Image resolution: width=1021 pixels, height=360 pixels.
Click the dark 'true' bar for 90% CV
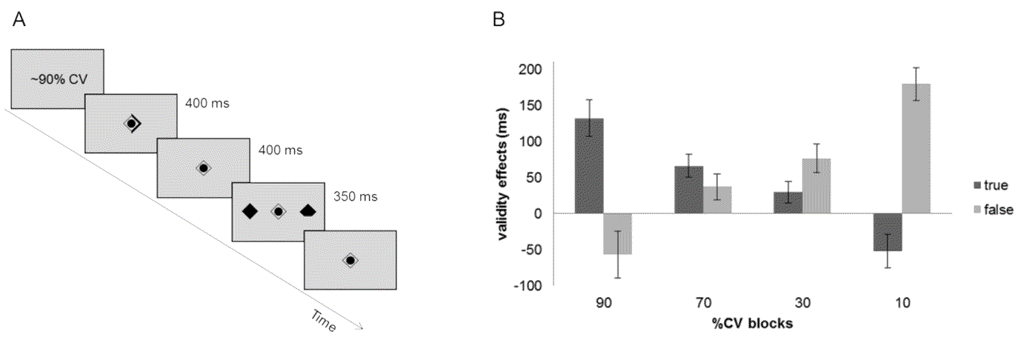[x=589, y=166]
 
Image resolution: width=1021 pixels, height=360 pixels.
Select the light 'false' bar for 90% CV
[x=617, y=233]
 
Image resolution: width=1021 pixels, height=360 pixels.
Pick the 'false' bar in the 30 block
[x=817, y=186]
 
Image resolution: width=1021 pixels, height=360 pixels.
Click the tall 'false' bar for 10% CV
[x=916, y=149]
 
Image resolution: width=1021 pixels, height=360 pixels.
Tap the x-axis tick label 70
[x=703, y=303]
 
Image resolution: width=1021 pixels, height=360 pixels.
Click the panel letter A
[x=19, y=21]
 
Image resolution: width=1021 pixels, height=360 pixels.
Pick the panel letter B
[x=499, y=21]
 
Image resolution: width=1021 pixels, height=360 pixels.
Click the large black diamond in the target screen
[x=250, y=211]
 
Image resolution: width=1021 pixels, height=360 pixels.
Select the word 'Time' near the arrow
[x=322, y=321]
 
